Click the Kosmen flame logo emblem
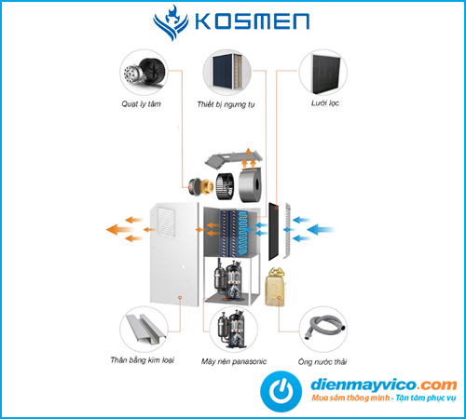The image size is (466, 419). pos(171,22)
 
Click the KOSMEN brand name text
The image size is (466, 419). pos(252,21)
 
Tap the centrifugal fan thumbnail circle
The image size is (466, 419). pos(144,73)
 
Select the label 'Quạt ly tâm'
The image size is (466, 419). pos(142,103)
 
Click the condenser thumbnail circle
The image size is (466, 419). pos(227,73)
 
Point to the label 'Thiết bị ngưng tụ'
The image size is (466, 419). pos(226,104)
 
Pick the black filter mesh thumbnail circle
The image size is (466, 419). pos(323,73)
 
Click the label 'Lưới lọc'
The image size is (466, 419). pos(325,103)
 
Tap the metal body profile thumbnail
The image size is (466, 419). pos(144,330)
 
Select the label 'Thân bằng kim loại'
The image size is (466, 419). pos(143,360)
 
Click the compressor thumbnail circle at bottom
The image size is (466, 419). pos(234,330)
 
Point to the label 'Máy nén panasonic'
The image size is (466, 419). pos(234,361)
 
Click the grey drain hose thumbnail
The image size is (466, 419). pos(323,330)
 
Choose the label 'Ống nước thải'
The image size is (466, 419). pos(322,361)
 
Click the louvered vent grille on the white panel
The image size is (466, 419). pos(166,223)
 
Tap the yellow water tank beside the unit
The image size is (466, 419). pos(275,287)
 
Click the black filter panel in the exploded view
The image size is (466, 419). pos(273,232)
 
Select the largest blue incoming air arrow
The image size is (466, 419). pos(320,230)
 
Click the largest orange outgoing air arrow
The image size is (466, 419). pos(119,230)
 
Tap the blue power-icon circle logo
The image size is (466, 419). pos(281,391)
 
